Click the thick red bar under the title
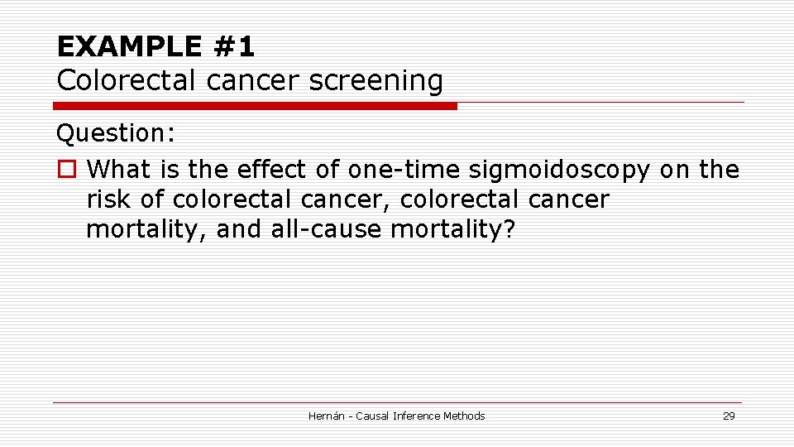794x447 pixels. tap(255, 106)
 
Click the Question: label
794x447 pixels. tap(115, 132)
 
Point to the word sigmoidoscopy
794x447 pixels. tap(559, 171)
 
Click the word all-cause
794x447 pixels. tap(327, 229)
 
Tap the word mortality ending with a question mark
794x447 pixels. tap(452, 229)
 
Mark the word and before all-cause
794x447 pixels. tap(240, 229)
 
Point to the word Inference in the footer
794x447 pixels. tap(419, 416)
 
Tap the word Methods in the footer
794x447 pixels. tap(464, 416)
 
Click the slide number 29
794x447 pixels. tap(728, 416)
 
